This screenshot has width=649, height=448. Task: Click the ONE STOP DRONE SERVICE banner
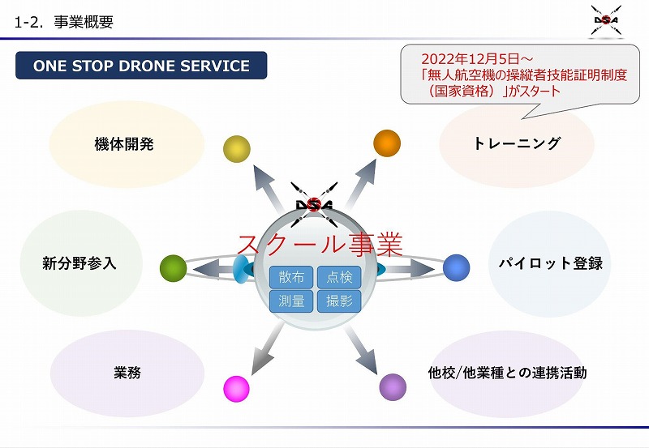click(x=141, y=66)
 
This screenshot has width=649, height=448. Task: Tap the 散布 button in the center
click(x=291, y=278)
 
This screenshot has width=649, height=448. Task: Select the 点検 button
click(x=339, y=278)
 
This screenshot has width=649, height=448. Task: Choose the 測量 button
click(x=291, y=301)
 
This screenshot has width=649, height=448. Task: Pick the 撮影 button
click(x=339, y=301)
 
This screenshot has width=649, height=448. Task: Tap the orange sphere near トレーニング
click(x=387, y=143)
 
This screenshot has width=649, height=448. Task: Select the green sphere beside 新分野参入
click(x=174, y=267)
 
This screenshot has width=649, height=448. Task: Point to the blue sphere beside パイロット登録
click(x=457, y=267)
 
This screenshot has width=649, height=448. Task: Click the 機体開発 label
click(x=124, y=145)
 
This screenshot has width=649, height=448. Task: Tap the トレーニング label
click(x=517, y=143)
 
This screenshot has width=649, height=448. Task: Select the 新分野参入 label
click(x=80, y=263)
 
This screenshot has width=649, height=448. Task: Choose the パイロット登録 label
click(x=550, y=264)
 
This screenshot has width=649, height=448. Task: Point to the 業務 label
click(x=127, y=373)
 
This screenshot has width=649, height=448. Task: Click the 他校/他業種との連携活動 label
click(x=507, y=373)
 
